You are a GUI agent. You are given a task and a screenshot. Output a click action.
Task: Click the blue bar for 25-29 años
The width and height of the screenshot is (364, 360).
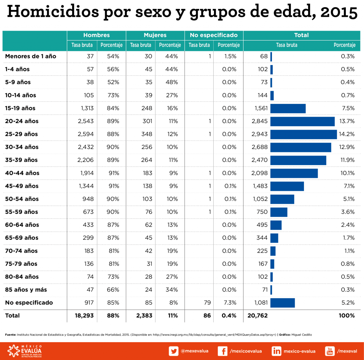tap(303, 134)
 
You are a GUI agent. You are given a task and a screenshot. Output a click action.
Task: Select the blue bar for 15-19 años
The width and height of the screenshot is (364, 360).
tap(288, 108)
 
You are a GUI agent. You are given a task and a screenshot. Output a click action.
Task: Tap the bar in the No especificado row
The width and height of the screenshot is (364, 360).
tap(283, 303)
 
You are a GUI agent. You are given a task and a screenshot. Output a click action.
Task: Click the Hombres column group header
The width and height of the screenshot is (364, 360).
tap(96, 35)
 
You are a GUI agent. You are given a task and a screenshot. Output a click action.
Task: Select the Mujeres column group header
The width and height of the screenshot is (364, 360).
tap(155, 35)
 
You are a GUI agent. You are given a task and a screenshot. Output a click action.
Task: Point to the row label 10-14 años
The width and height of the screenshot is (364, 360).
tap(20, 95)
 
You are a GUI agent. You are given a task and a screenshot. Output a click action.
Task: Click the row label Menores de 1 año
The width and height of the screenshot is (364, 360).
tap(31, 56)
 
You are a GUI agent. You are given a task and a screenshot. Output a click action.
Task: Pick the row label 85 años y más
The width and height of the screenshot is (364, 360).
tap(26, 290)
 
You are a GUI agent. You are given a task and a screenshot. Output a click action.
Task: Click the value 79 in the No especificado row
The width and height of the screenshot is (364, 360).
tap(207, 303)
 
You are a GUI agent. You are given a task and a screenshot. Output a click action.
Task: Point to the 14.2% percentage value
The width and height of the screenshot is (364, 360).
tap(347, 134)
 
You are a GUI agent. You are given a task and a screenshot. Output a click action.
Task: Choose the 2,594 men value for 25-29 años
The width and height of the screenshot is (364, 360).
tap(86, 134)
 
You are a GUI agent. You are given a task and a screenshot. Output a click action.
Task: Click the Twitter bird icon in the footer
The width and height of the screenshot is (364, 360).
tap(174, 351)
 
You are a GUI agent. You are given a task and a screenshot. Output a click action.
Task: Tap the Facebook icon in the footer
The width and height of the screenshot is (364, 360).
tap(222, 351)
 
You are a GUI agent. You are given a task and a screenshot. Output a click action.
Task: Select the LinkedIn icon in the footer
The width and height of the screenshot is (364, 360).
tap(277, 351)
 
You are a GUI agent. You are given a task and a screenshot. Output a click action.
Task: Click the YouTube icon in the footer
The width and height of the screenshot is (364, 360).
tap(330, 351)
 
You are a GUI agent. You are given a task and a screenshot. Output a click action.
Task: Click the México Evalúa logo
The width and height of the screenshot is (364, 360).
tap(25, 351)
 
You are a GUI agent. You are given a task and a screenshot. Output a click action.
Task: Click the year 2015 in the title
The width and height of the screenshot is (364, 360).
tap(338, 12)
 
